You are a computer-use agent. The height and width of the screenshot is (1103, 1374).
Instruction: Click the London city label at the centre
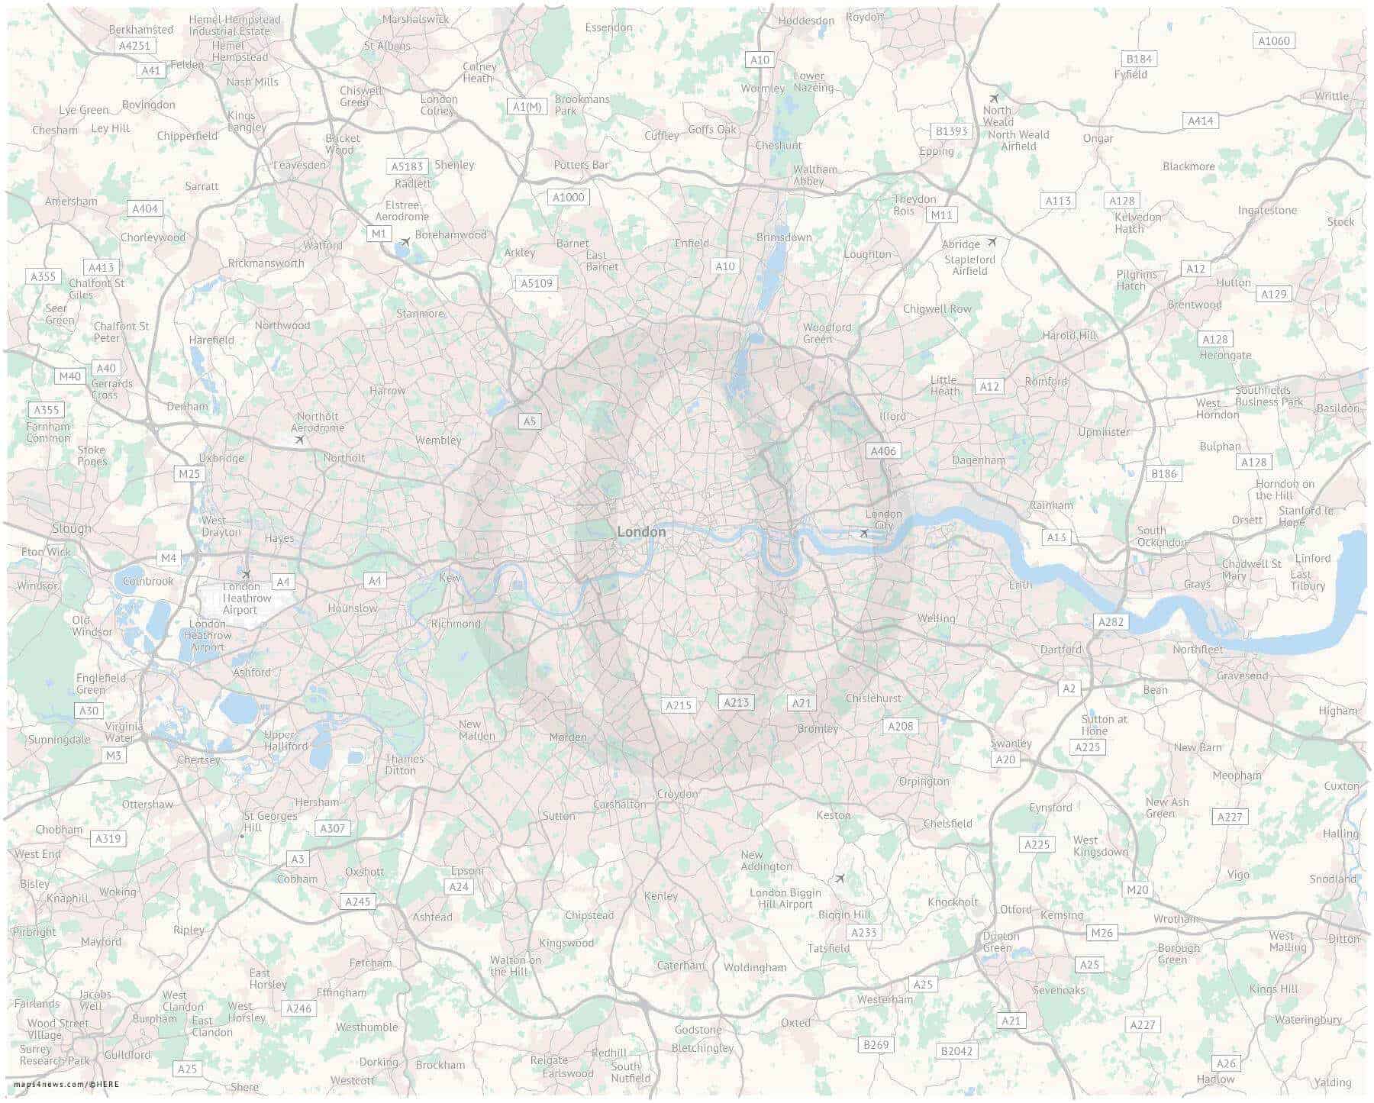[x=641, y=532]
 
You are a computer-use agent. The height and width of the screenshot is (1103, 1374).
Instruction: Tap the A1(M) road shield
[x=527, y=107]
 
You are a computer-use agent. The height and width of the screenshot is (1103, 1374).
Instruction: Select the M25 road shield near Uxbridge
[x=189, y=474]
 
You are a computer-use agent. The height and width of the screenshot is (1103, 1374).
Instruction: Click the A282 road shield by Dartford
[x=1111, y=621]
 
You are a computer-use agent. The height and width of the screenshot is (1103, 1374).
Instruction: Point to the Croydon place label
[x=677, y=794]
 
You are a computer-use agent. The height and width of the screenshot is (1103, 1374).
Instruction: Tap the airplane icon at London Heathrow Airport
[x=246, y=574]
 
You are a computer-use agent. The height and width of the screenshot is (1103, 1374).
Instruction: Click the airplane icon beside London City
[x=863, y=533]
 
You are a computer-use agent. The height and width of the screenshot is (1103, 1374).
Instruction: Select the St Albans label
[x=387, y=46]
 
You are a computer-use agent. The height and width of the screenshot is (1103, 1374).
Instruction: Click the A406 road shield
[x=883, y=451]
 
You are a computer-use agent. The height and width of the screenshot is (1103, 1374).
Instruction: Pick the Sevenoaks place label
[x=1059, y=990]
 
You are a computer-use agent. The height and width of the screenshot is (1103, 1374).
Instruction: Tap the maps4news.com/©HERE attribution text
[x=66, y=1084]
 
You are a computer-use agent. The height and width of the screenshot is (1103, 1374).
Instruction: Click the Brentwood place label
[x=1195, y=305]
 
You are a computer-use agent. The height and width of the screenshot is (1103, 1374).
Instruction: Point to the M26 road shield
[x=1101, y=933]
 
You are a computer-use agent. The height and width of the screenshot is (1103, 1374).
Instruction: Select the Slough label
[x=72, y=528]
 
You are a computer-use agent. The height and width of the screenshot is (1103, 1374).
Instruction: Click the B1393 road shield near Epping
[x=951, y=131]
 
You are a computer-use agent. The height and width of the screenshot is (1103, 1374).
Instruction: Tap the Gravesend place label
[x=1243, y=676]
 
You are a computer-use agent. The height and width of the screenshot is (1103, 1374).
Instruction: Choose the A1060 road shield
[x=1274, y=41]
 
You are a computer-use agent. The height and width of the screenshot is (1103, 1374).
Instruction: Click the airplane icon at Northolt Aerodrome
[x=300, y=440]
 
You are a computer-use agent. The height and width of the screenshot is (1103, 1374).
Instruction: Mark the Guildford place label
[x=127, y=1055]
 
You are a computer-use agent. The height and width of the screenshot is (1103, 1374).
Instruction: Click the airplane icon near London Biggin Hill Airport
[x=840, y=879]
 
